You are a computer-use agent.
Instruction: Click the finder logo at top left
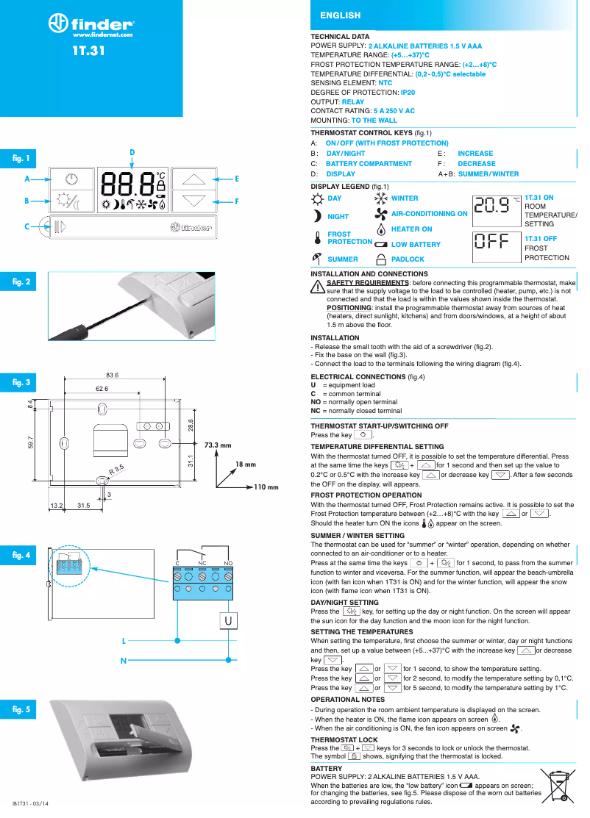pyautogui.click(x=91, y=24)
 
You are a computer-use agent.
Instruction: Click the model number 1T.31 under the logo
pyautogui.click(x=90, y=51)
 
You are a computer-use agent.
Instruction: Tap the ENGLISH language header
pyautogui.click(x=340, y=15)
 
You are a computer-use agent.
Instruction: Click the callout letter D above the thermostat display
pyautogui.click(x=132, y=152)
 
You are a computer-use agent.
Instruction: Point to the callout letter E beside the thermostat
pyautogui.click(x=237, y=179)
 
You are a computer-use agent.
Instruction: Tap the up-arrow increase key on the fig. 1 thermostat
pyautogui.click(x=195, y=179)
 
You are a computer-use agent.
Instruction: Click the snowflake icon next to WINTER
pyautogui.click(x=380, y=198)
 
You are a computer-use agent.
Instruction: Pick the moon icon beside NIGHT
pyautogui.click(x=317, y=216)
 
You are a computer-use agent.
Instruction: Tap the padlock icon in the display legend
pyautogui.click(x=380, y=259)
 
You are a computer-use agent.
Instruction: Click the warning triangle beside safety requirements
pyautogui.click(x=318, y=287)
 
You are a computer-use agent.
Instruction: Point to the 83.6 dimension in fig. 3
pyautogui.click(x=113, y=375)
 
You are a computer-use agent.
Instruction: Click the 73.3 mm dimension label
pyautogui.click(x=218, y=445)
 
